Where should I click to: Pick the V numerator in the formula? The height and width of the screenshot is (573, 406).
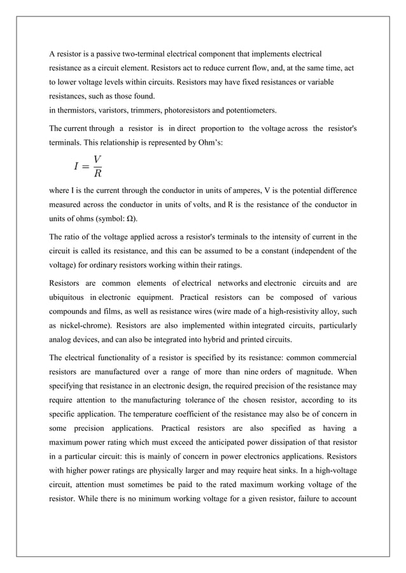point(97,159)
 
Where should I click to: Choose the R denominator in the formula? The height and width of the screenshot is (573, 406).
point(97,173)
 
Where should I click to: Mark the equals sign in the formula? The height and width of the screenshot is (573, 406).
point(85,166)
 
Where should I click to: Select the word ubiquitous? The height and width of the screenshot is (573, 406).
point(69,297)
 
